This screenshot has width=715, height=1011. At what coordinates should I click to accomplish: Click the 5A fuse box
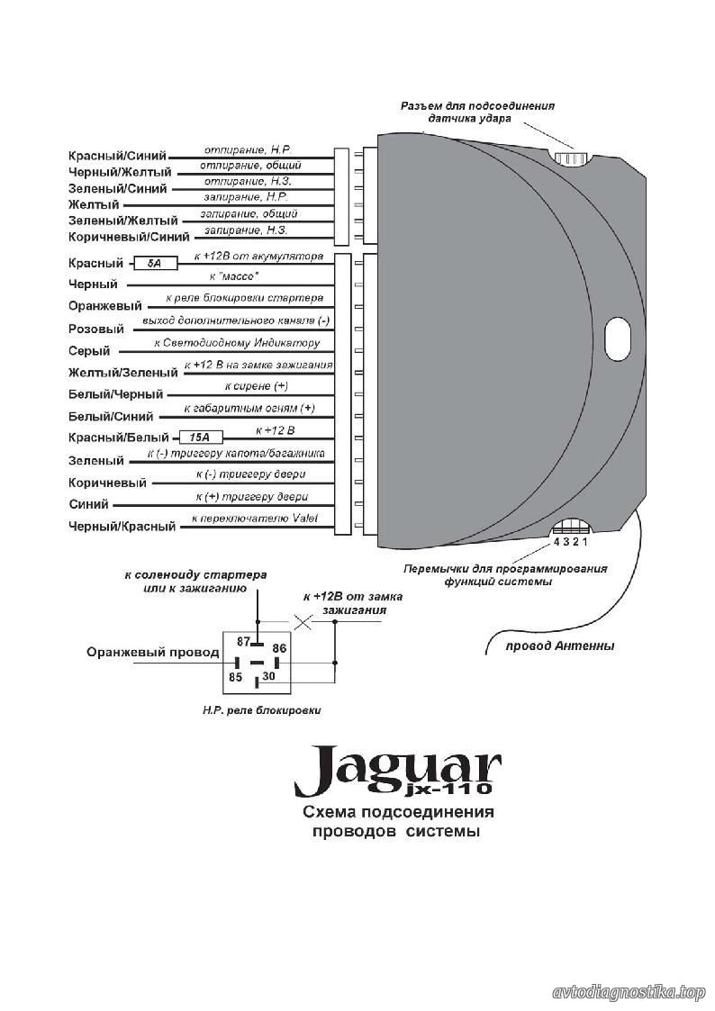156,263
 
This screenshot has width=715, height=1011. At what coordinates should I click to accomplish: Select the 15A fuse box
201,438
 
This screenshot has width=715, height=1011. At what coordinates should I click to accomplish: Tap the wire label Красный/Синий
117,156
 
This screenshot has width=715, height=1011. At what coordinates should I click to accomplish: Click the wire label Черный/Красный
122,526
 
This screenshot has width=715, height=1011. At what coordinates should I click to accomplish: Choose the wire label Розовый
96,329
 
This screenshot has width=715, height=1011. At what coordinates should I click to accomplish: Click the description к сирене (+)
256,386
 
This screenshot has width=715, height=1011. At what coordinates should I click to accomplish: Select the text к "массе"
234,276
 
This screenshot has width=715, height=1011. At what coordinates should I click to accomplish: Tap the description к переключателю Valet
255,518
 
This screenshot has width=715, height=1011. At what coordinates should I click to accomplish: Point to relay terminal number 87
243,642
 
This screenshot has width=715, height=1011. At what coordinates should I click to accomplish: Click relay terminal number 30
269,676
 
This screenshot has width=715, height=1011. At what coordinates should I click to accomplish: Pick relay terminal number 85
235,677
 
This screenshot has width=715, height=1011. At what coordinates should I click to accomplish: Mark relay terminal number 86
279,648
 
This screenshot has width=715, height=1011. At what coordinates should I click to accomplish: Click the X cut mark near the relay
303,622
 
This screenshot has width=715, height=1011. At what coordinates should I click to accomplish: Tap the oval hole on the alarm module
618,335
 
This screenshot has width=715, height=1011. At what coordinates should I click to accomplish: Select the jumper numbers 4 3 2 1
571,542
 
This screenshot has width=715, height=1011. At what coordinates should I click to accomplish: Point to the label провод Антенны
559,645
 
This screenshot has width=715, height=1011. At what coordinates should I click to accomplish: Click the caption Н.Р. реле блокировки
261,710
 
